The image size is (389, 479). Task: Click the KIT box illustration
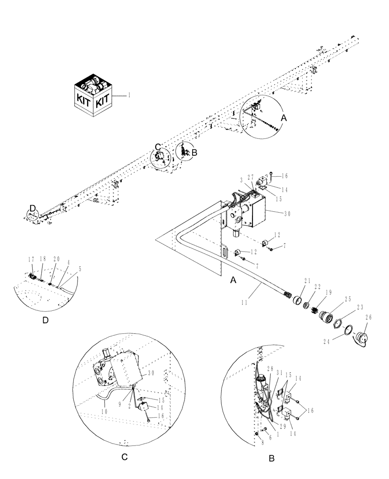click(93, 96)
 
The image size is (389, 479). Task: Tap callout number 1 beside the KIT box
click(129, 95)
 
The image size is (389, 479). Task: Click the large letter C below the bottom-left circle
click(124, 457)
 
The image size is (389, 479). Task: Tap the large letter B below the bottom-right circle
click(271, 458)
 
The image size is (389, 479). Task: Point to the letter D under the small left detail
click(46, 320)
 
